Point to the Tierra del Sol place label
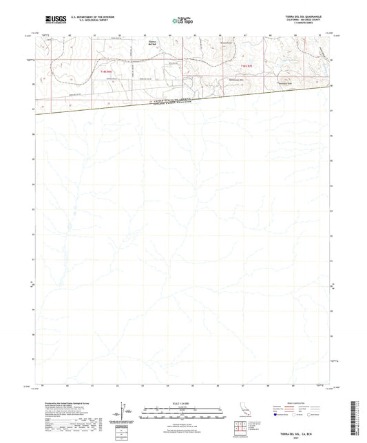[x=153, y=45]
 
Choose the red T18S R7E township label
[x=247, y=65]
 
